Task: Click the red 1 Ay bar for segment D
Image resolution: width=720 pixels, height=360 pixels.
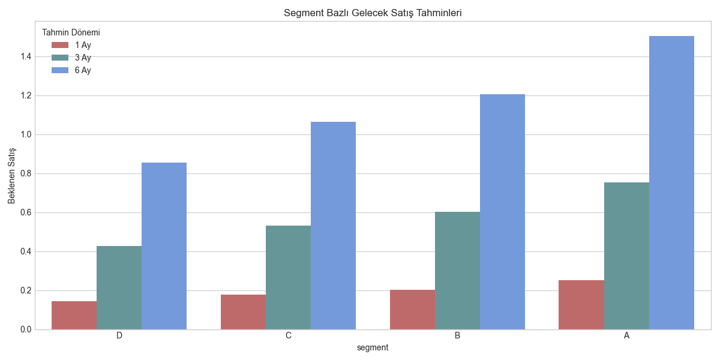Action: [x=74, y=315]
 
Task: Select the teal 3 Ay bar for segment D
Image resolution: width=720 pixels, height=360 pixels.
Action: [x=119, y=287]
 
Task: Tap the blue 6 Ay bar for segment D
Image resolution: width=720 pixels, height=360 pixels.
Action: [x=164, y=246]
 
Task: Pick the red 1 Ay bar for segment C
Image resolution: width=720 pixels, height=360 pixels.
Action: [x=243, y=312]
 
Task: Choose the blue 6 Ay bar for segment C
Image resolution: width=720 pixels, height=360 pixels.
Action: [x=333, y=226]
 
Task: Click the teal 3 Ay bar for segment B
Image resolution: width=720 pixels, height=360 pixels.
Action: [x=457, y=271]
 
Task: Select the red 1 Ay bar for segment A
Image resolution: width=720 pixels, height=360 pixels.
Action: [x=581, y=305]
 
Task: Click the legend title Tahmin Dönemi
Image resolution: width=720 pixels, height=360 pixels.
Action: [x=71, y=32]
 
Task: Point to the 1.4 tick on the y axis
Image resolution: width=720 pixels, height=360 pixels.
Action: [x=25, y=56]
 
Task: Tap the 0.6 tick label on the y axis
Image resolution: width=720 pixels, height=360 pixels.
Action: [x=25, y=212]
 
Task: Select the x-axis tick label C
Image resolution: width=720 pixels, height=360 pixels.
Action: [x=289, y=335]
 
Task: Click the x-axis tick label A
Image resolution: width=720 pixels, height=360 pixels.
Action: [x=626, y=335]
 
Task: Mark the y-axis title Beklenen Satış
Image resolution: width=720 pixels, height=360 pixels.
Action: [x=11, y=176]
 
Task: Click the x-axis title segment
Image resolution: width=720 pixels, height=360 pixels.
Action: [x=373, y=347]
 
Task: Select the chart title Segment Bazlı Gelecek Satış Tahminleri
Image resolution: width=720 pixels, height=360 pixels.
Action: [x=373, y=13]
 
